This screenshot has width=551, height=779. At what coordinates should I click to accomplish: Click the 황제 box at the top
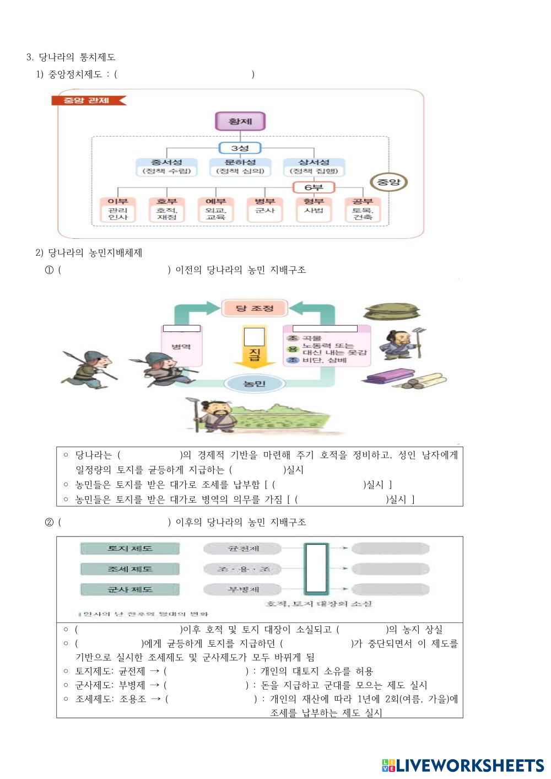tap(240, 121)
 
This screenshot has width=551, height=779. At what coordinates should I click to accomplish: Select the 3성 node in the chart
tap(240, 148)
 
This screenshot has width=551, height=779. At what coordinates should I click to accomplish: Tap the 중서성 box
tap(166, 166)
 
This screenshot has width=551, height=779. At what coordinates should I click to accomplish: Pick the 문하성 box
tap(240, 166)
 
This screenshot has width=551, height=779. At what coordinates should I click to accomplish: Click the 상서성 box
tap(314, 166)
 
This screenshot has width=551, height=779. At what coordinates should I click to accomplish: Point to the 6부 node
tap(314, 187)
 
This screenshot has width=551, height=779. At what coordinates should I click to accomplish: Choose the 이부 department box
tap(118, 209)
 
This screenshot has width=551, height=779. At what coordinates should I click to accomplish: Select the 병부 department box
tap(265, 209)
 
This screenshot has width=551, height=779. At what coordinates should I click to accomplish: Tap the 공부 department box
tap(363, 209)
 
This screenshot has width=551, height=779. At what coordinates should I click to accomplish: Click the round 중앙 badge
tap(388, 182)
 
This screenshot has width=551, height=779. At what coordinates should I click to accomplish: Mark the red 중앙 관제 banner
tap(88, 100)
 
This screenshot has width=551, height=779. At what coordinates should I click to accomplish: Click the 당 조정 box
tap(255, 308)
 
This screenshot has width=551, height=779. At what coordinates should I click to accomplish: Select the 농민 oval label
tap(254, 383)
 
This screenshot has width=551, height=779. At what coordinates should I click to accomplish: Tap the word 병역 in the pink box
tap(181, 347)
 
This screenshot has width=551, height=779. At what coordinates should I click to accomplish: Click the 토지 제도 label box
tap(130, 549)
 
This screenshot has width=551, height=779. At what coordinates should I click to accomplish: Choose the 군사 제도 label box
tap(130, 589)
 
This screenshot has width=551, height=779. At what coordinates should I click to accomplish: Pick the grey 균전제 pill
tap(243, 549)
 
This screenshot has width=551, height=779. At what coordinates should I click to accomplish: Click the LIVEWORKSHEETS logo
tap(463, 765)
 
